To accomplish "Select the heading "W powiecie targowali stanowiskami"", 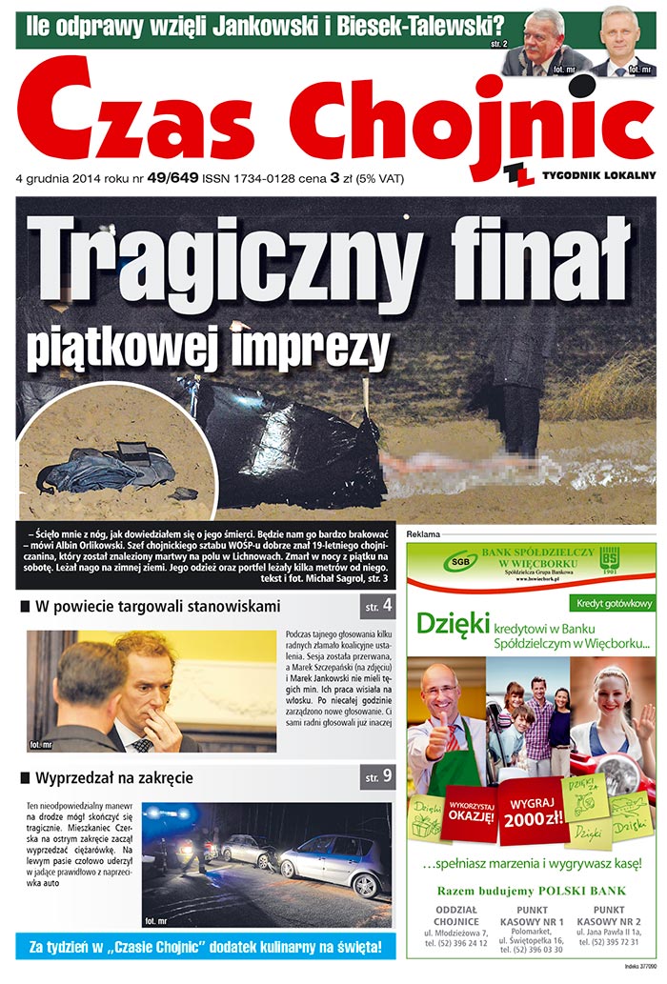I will point(157,606).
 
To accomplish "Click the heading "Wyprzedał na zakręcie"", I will point(114,777).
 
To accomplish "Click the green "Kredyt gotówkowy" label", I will point(612,603).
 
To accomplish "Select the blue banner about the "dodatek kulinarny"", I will point(205,947).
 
